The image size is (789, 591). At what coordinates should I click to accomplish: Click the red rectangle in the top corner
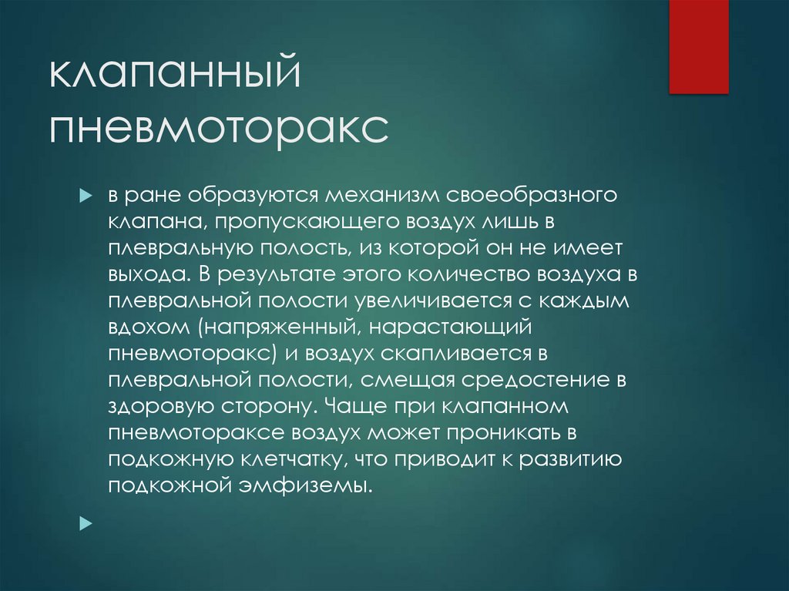698,46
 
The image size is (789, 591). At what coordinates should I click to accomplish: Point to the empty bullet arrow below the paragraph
85,522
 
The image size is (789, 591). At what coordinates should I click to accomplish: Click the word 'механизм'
372,195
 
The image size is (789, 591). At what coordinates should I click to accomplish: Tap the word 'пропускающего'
302,222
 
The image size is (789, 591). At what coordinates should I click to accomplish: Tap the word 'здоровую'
154,406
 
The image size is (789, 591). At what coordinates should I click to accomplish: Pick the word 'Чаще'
351,406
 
